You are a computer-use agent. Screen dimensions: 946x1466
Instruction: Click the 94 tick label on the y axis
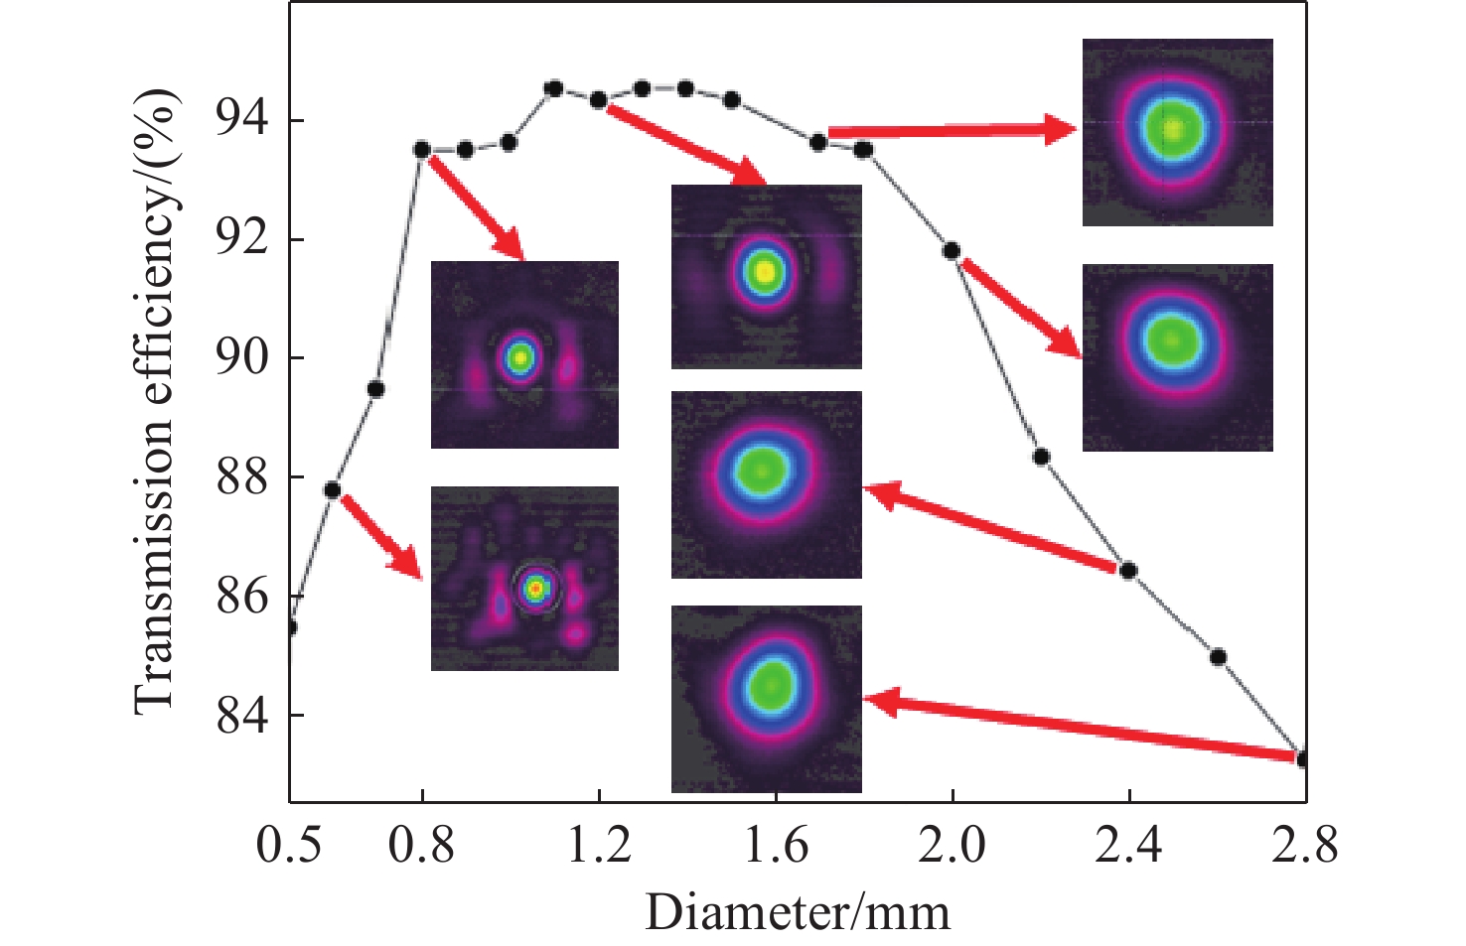click(x=242, y=120)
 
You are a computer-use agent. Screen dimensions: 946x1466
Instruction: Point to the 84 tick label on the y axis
click(x=242, y=715)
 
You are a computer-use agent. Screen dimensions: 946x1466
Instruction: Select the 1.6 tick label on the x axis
click(x=775, y=846)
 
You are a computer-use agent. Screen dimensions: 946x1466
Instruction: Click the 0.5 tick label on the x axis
click(x=290, y=846)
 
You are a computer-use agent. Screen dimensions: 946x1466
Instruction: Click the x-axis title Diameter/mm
click(x=798, y=911)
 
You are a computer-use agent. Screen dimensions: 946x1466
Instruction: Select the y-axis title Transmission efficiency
click(x=156, y=401)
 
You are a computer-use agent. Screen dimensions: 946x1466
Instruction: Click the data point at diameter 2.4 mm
click(x=1128, y=570)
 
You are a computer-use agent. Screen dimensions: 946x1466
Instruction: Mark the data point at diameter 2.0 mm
click(x=952, y=250)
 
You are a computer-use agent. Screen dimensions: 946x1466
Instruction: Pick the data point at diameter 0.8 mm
click(x=421, y=150)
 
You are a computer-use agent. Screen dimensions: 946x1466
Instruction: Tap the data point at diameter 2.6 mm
click(x=1218, y=657)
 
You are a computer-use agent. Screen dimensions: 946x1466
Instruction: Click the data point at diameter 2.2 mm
click(x=1041, y=457)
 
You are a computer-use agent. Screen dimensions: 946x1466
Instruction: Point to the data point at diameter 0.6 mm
click(x=333, y=490)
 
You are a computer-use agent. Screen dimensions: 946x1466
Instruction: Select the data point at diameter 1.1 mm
click(x=554, y=89)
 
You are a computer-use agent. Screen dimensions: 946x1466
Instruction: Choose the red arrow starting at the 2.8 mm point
click(x=1083, y=730)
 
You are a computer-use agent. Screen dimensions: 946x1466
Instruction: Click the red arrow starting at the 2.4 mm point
click(x=993, y=528)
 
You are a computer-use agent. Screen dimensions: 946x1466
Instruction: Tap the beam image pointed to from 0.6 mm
click(x=524, y=578)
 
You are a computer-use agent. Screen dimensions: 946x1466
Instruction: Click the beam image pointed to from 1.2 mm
click(x=766, y=276)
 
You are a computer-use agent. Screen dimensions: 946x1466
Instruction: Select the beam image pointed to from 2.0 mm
click(x=1177, y=357)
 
